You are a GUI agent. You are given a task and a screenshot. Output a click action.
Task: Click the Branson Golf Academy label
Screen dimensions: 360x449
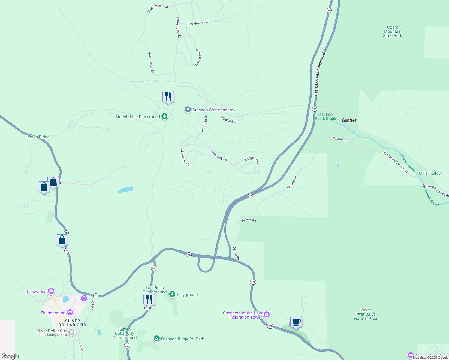coord(214,110)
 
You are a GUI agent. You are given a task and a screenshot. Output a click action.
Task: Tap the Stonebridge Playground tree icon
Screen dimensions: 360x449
coord(164,116)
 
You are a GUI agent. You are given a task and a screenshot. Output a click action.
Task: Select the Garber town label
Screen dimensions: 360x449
coord(349,120)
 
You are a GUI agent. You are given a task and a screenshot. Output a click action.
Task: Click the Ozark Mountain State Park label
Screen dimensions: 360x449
coord(392,31)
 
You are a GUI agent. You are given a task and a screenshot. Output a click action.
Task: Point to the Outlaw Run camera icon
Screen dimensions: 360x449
coord(51,291)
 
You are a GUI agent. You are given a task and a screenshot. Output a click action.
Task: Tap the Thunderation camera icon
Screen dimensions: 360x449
coord(70,313)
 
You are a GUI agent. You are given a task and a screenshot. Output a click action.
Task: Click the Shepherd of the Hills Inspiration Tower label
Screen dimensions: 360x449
coord(243,315)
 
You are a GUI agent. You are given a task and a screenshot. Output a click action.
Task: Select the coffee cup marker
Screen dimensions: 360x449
coord(296,322)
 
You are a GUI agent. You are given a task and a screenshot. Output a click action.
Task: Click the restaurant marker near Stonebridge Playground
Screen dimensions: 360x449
coord(168,97)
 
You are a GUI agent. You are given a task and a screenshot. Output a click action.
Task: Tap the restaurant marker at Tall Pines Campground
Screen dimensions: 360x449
coord(149,299)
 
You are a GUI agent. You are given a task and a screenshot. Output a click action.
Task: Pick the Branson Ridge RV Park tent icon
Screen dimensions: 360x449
coord(156,339)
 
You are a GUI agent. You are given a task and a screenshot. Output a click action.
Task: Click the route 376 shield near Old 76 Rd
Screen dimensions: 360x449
coord(253,282)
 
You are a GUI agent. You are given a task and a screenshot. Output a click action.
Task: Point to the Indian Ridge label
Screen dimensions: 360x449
coord(38,137)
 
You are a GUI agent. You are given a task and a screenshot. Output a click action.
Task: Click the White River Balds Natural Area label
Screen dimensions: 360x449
coord(365,314)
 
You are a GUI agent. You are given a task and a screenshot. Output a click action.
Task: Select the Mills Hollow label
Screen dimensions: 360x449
coord(430,173)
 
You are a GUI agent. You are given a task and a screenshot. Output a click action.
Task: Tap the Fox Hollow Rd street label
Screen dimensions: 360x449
coord(198,23)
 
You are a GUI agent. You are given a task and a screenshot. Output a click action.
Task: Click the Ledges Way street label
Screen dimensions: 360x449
coord(252,160)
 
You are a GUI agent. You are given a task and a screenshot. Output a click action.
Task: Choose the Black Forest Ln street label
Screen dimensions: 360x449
coord(158,8)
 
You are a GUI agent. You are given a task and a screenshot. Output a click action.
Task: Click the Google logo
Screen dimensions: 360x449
coord(10,356)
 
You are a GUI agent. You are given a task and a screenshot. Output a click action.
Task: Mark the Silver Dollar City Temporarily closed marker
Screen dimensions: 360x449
coord(71,332)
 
